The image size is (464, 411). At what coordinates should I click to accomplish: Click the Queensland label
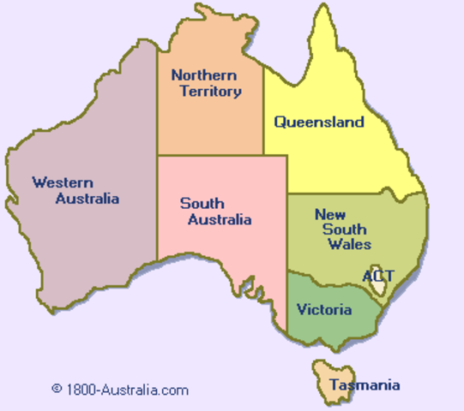[x=319, y=122]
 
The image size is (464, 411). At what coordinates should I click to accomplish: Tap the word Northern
[x=203, y=75]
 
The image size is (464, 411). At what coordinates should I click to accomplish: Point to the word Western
[x=63, y=182]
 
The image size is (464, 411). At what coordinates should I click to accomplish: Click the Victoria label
[x=323, y=309]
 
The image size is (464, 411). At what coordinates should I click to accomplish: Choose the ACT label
[x=378, y=276]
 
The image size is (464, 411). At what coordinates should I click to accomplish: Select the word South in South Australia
[x=202, y=204]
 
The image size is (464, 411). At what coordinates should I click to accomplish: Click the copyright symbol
[x=57, y=389]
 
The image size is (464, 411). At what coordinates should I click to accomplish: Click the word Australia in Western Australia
[x=87, y=199]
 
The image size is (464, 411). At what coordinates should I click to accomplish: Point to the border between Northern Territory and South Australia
[x=210, y=155]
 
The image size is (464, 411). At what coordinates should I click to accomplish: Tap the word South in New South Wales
[x=344, y=229]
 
